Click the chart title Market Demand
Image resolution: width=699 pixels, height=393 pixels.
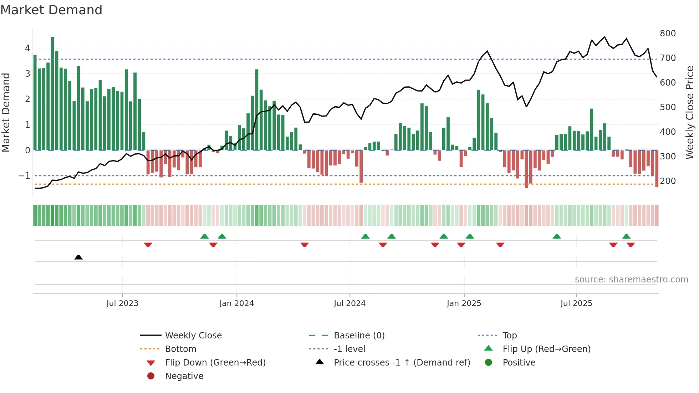click(51, 10)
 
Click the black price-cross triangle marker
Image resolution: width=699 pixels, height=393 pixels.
click(78, 257)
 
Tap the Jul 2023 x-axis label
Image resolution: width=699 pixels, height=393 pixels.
click(122, 303)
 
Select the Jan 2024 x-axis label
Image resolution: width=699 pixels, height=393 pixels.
click(236, 303)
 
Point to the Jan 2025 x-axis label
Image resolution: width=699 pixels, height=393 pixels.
click(464, 303)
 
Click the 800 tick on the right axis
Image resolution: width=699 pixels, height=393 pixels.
click(668, 34)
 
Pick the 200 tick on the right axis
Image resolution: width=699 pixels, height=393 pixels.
click(668, 181)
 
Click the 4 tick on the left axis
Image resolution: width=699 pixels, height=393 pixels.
click(27, 48)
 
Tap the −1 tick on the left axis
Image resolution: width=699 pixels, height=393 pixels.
click(24, 176)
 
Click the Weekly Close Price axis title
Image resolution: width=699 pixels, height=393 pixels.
click(690, 112)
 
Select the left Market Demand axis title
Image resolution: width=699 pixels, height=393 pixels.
click(6, 112)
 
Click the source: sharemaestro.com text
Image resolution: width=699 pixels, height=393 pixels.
click(631, 280)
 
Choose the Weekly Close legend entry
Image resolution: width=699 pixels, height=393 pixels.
click(193, 336)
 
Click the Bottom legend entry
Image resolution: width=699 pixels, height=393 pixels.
click(180, 349)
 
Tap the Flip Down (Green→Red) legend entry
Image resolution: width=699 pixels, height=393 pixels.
click(215, 363)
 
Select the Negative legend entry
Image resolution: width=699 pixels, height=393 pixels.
click(184, 376)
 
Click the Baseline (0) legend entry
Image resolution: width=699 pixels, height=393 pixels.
click(359, 336)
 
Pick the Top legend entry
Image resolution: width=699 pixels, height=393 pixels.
click(509, 336)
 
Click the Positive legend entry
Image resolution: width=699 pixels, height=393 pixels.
click(519, 363)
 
